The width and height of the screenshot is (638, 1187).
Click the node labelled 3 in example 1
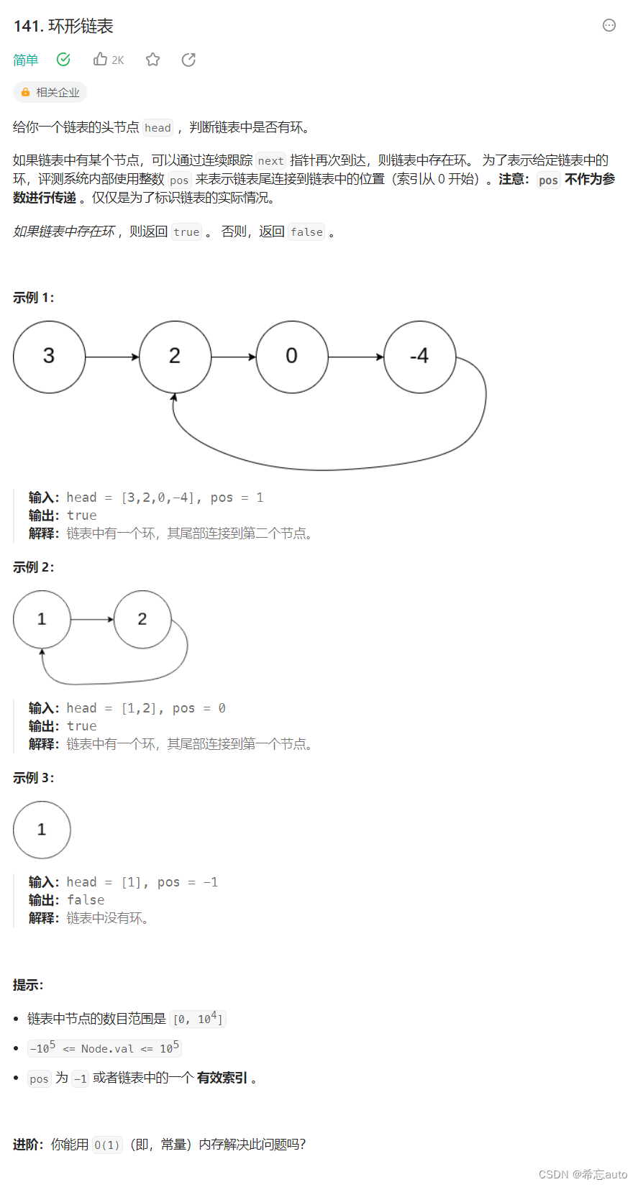49,357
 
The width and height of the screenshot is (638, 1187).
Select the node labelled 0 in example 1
291,357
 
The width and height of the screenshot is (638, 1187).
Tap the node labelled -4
419,357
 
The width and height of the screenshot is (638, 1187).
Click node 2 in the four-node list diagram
175,357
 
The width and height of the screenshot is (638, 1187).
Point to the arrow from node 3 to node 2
112,357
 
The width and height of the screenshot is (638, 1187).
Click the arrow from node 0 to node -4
356,357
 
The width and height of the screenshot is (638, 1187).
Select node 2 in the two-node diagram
142,619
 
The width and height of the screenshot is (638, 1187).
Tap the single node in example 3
42,830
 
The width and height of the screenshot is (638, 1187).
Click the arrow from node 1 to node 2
93,619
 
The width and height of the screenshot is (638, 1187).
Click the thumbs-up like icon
101,60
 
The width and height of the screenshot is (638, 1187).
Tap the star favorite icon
152,60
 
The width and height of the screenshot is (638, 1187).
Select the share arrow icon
188,60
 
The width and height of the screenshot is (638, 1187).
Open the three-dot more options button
609,26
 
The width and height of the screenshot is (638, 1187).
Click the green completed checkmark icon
63,60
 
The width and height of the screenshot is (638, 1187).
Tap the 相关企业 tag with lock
50,92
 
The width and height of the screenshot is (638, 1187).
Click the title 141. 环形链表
63,27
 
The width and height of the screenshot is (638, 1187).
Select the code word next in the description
270,161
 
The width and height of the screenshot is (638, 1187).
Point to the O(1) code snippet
107,1145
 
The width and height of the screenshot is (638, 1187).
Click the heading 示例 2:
34,567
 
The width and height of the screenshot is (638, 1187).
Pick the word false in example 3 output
86,900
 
